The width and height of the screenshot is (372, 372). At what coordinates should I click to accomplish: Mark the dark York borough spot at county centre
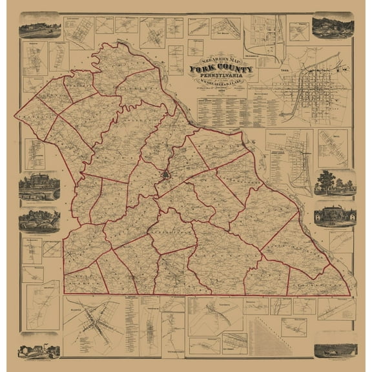[x=166, y=174]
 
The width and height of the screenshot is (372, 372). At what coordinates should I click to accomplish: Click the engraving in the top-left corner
[x=39, y=28]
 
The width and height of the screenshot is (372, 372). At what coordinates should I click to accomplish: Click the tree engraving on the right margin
[x=335, y=183]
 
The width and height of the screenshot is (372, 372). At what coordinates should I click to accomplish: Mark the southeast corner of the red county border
[x=349, y=293]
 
